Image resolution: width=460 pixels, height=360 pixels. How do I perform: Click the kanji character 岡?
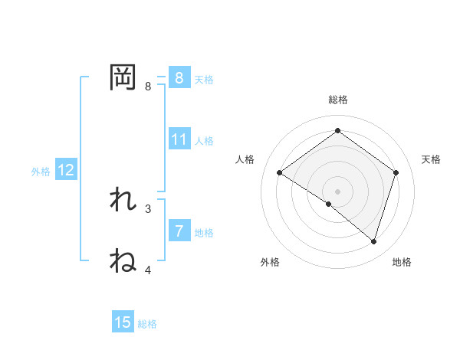123,77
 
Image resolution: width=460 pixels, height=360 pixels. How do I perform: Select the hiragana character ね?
123,261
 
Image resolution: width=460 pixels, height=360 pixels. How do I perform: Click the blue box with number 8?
179,77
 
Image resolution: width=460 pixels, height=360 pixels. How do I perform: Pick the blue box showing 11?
179,139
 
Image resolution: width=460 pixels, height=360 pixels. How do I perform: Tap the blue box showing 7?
179,231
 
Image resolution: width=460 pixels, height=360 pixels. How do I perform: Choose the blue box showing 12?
66,170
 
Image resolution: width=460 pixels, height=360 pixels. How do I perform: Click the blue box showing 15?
123,322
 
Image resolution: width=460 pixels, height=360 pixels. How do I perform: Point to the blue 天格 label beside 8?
204,79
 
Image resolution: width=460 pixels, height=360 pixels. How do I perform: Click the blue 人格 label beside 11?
204,141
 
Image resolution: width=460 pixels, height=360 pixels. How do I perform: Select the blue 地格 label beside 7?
204,232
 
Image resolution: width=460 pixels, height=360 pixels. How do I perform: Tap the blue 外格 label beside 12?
41,172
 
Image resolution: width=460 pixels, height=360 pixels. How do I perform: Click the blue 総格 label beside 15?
147,324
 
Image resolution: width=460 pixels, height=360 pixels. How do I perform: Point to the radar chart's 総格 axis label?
337,100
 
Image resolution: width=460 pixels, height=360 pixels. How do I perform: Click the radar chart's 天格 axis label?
432,159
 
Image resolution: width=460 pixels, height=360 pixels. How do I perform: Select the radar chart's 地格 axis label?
402,262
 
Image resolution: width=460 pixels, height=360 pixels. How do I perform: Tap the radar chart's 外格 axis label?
270,262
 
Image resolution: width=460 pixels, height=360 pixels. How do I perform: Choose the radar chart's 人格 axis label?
245,159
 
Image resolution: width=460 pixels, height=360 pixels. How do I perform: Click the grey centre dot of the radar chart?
337,191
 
